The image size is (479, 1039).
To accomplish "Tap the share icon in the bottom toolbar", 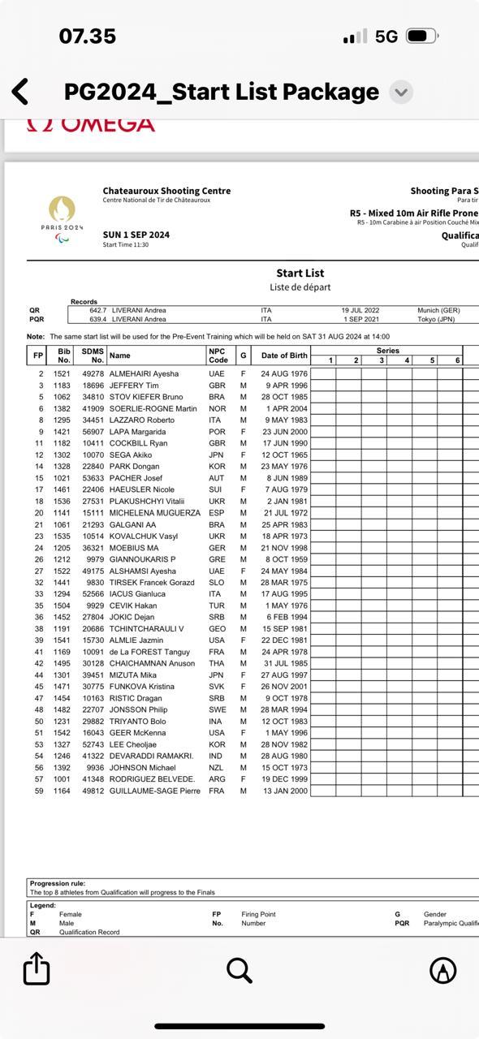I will pos(37,969).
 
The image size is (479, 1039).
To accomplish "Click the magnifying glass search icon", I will pos(239,969).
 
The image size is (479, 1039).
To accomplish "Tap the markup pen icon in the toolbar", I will pos(442,969).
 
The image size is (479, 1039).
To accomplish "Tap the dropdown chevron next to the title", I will pos(401,93).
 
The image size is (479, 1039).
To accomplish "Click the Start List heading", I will pos(300,274).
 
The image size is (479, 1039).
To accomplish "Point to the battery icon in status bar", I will pos(421,37).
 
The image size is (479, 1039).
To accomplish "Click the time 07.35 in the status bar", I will pos(88,37).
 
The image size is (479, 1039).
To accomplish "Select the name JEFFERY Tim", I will pos(134,386).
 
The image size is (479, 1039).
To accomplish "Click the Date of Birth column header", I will pos(284,356).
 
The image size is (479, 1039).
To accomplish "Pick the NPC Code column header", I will pos(218,356).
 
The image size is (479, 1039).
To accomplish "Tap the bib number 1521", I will pos(62,373).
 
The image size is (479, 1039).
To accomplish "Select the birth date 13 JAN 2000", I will pos(284,791).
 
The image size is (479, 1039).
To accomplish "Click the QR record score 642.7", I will pos(97,311).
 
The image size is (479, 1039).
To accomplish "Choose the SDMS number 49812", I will pos(93,791).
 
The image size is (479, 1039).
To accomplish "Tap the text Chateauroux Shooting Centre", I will pos(166,191).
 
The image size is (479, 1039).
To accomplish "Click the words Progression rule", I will pos(58,883).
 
